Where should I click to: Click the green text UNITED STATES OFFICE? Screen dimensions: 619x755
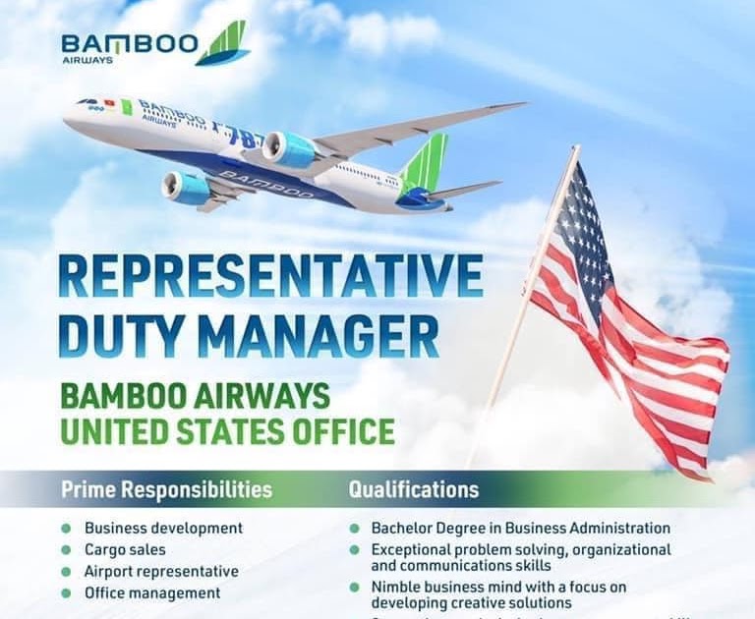(227, 431)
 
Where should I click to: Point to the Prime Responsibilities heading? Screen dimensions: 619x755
(166, 488)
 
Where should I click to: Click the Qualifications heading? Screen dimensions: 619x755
(414, 488)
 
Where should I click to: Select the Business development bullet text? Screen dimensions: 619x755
(163, 528)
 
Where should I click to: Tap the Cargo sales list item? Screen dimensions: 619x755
(125, 549)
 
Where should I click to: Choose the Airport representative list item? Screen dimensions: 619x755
(161, 571)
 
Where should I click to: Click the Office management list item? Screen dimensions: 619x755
(152, 592)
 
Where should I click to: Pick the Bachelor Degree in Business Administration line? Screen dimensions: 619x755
(520, 528)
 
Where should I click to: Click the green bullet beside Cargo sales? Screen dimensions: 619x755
(66, 549)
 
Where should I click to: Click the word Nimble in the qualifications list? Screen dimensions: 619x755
(394, 589)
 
